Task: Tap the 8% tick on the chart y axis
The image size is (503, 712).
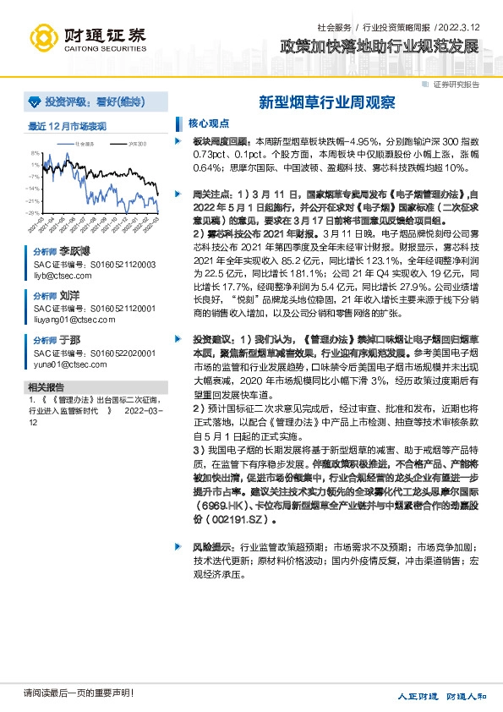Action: point(35,154)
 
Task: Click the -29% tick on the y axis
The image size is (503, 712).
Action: point(33,212)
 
